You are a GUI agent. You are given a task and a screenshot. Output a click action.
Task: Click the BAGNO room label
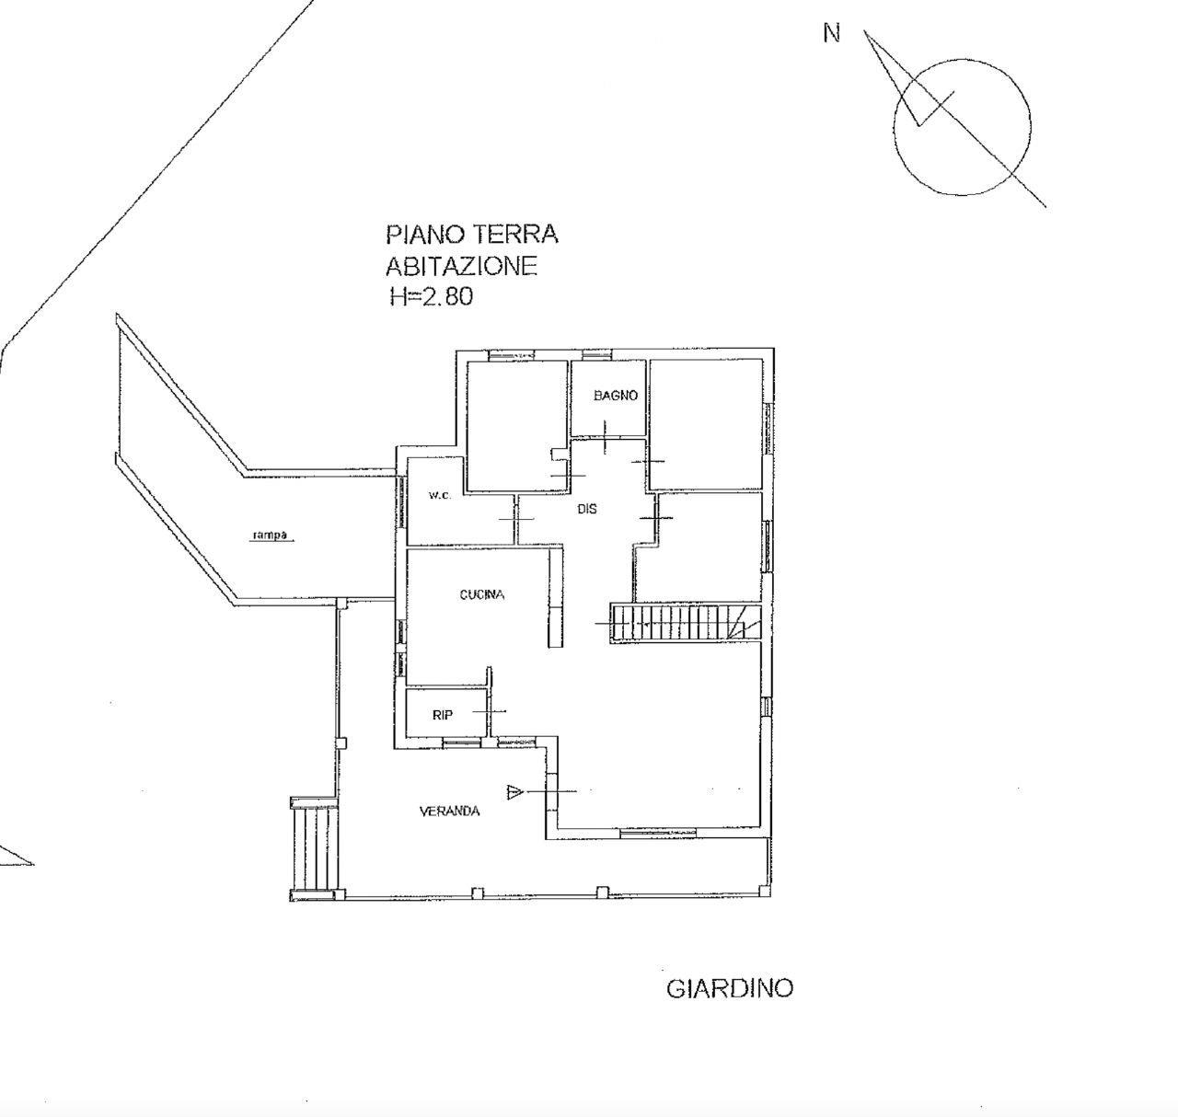(x=616, y=396)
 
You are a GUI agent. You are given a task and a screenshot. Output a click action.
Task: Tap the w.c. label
(x=439, y=495)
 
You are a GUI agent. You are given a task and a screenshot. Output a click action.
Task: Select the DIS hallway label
(x=587, y=509)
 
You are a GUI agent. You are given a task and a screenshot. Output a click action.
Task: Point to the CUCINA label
(x=481, y=594)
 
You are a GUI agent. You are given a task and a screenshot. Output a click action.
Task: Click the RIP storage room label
(x=443, y=715)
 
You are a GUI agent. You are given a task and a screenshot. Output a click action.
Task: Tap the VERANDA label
(x=449, y=812)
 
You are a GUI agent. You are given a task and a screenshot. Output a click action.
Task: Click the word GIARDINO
(x=730, y=988)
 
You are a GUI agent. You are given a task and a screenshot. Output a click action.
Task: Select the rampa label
(x=270, y=535)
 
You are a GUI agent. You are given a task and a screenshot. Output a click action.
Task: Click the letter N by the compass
(x=832, y=33)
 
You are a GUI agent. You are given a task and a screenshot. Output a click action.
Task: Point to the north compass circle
(x=894, y=127)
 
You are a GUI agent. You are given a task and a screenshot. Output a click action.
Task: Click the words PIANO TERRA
(x=472, y=235)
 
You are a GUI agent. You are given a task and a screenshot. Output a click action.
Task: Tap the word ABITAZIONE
(x=461, y=266)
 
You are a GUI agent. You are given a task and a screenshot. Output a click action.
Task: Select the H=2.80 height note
(x=432, y=296)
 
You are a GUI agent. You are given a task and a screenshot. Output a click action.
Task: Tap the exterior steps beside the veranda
(x=314, y=848)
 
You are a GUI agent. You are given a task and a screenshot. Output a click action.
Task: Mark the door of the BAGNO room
(x=606, y=437)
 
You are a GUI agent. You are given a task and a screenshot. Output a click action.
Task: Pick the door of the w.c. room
(x=516, y=519)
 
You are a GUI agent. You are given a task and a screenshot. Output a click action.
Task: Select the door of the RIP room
(x=490, y=711)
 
